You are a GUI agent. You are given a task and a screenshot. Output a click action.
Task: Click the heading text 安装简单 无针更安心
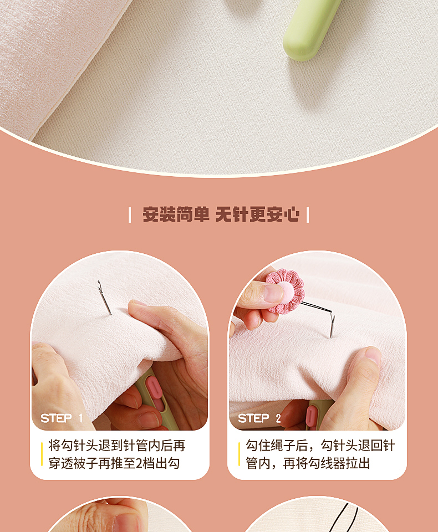(221, 214)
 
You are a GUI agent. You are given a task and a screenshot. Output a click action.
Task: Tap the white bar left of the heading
(130, 215)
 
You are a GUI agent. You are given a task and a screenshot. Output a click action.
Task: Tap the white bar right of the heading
(308, 215)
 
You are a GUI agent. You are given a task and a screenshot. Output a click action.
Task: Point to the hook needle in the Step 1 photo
(104, 298)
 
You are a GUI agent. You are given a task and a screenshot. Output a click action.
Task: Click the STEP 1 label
(62, 418)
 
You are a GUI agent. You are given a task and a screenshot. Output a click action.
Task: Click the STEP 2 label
(259, 418)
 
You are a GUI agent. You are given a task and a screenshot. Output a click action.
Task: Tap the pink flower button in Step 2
(285, 291)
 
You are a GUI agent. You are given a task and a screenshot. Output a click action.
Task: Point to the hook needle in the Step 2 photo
(332, 325)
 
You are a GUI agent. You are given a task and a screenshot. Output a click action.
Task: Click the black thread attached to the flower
(316, 309)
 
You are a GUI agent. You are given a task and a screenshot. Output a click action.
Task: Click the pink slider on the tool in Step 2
(312, 416)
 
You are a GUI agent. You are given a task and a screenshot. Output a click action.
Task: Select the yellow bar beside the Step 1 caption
(42, 454)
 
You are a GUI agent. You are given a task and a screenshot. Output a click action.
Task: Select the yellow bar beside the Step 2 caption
(240, 454)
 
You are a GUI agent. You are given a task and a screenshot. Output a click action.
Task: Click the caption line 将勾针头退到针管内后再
(117, 446)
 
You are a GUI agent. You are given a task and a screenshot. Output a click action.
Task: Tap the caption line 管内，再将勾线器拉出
(308, 463)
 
